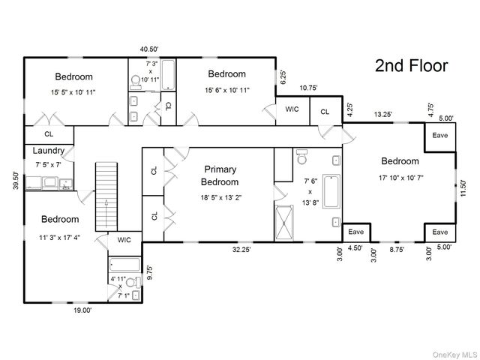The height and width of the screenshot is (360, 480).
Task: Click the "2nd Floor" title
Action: [412, 66]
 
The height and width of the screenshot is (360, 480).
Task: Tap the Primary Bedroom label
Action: [220, 175]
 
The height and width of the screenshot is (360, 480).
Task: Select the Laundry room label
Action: [49, 151]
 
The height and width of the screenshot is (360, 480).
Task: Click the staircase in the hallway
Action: [106, 196]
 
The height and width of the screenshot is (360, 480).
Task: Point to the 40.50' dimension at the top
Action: [149, 49]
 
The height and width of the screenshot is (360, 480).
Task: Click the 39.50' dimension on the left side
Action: [16, 181]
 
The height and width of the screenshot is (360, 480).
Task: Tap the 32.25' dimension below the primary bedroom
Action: [241, 250]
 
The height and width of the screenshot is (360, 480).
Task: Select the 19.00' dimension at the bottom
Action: [82, 310]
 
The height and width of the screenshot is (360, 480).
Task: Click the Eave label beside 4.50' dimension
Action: [356, 232]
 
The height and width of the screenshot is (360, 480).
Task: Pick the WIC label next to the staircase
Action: [124, 240]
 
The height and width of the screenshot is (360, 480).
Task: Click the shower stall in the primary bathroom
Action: [284, 223]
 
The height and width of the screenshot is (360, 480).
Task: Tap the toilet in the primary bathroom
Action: [302, 157]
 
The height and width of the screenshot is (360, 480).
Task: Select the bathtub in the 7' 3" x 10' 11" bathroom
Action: [168, 75]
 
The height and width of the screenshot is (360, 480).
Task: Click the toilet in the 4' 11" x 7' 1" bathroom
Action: [133, 282]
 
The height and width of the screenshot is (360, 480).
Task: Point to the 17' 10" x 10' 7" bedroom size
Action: [401, 178]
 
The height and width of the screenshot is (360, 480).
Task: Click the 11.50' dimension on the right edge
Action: [463, 188]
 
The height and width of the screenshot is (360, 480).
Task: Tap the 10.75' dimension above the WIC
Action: [308, 88]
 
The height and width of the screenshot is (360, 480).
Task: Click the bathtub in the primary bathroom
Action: [331, 192]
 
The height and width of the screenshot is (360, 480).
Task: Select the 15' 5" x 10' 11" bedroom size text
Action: [73, 91]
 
